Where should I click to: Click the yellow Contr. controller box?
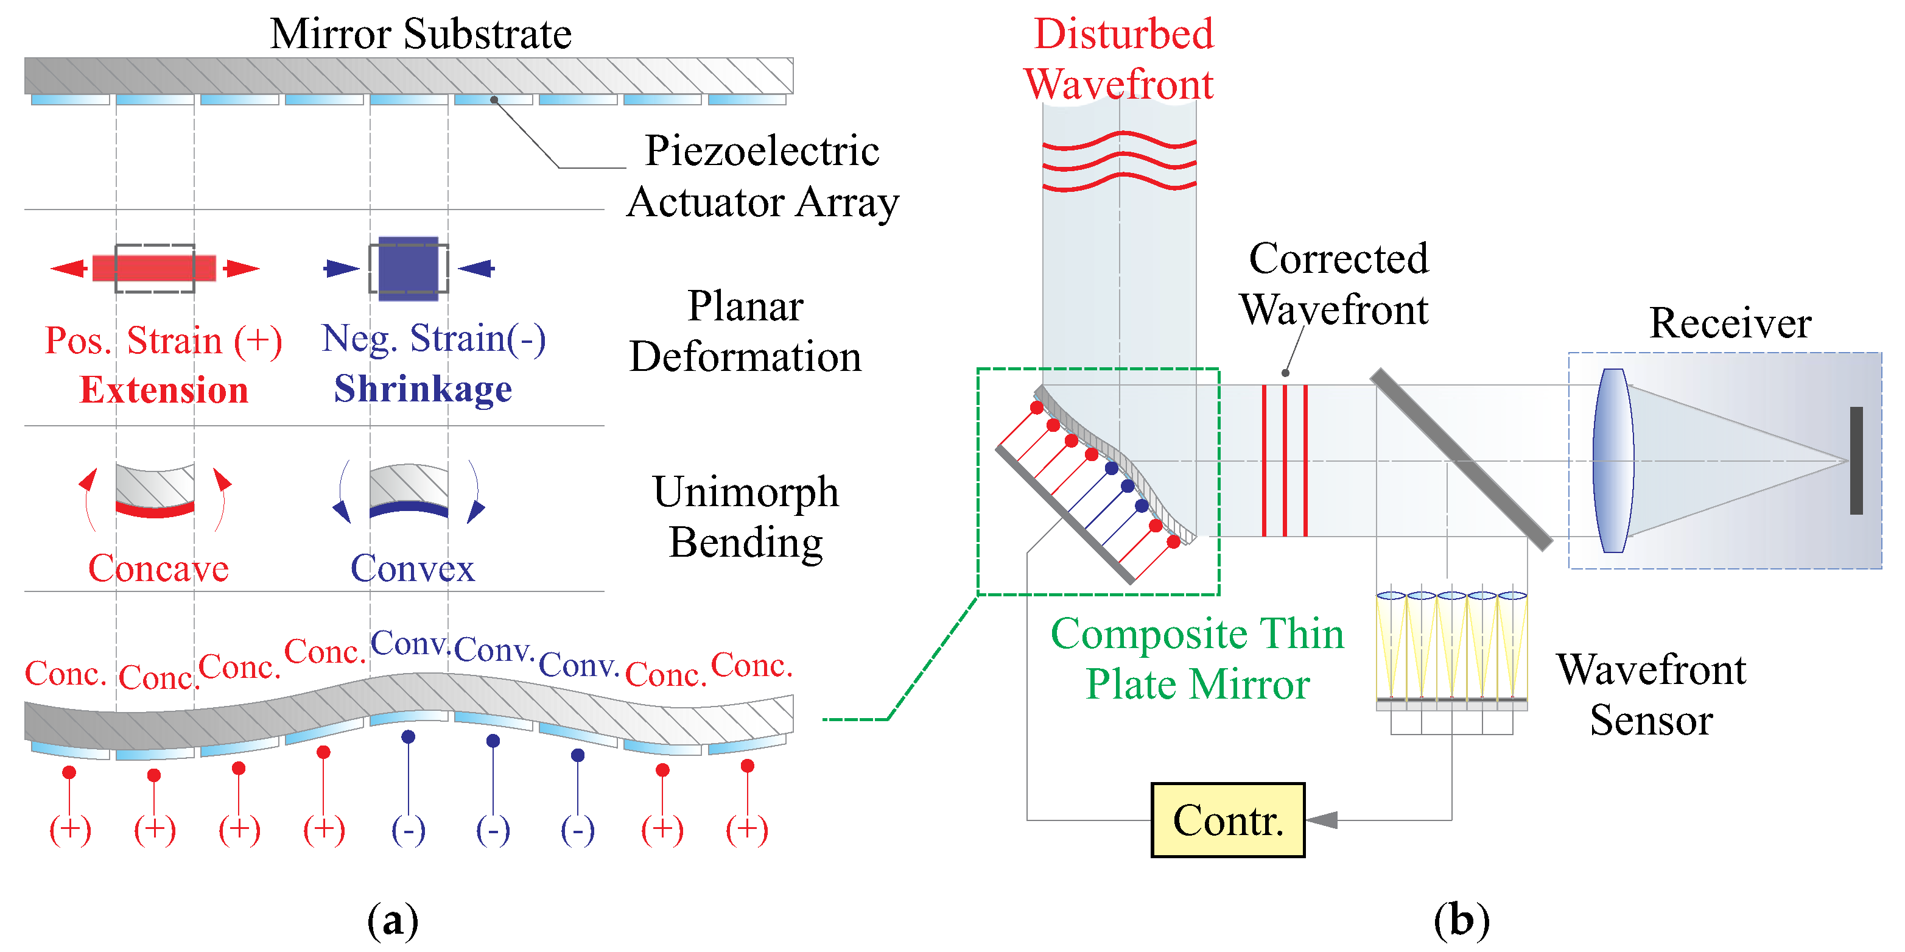point(1227,820)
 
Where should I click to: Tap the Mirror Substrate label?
point(420,34)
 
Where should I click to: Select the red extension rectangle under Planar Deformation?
point(154,268)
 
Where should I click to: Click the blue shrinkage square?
point(408,268)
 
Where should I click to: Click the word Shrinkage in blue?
point(423,389)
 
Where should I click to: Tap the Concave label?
point(158,568)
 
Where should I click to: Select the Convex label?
point(412,568)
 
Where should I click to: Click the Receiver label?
point(1730,323)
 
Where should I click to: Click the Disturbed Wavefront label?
point(1120,59)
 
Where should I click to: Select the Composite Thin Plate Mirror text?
point(1196,658)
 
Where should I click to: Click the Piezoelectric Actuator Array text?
point(762,176)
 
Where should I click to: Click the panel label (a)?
point(393,920)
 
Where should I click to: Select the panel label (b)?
point(1461,920)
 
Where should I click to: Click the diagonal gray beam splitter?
point(1461,460)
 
